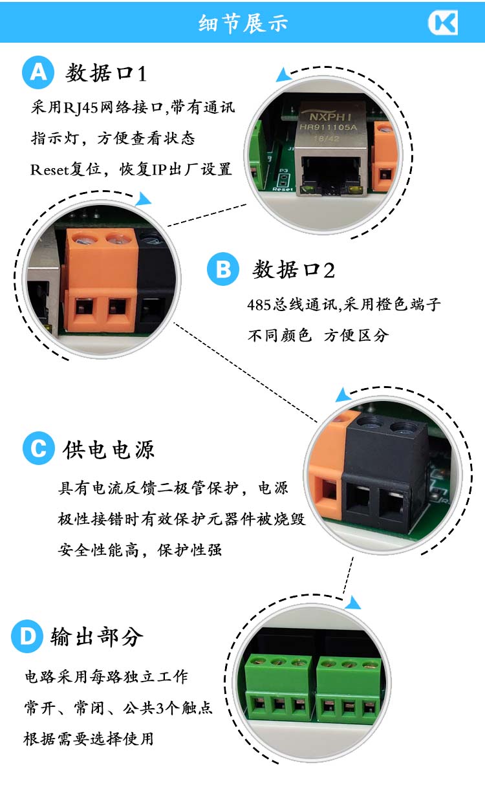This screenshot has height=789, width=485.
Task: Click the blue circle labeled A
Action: click(38, 72)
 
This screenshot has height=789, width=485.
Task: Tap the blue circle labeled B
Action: click(223, 269)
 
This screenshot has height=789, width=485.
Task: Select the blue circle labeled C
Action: click(39, 448)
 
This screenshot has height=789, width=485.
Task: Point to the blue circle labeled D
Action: click(27, 636)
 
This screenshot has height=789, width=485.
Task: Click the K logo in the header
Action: click(443, 23)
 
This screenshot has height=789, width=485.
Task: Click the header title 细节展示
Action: click(243, 23)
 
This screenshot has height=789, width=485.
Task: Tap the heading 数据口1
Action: click(106, 73)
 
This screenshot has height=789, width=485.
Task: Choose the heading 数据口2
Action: click(294, 270)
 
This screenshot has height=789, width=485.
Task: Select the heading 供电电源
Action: click(109, 449)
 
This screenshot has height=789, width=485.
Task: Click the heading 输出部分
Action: click(97, 637)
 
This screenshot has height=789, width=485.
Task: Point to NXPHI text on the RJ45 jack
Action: click(330, 117)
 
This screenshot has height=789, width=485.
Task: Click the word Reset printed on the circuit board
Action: click(283, 189)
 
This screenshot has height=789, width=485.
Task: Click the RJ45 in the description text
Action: click(81, 107)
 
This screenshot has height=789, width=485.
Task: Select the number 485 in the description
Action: click(259, 305)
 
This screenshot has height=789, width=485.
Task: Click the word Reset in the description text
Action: click(49, 170)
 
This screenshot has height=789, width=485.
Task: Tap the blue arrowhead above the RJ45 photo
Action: click(283, 75)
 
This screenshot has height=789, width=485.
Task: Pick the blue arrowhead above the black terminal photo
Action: click(343, 395)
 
